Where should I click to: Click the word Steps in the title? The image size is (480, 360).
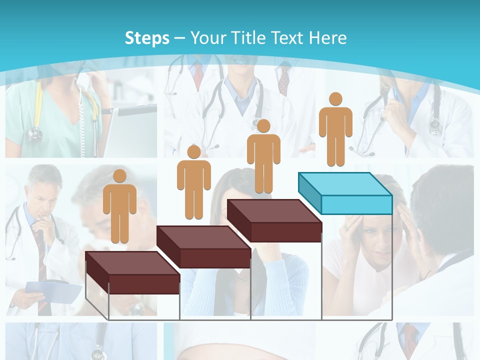[x=147, y=38]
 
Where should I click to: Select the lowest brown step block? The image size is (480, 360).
[x=132, y=272]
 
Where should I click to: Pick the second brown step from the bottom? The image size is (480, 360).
[x=203, y=246]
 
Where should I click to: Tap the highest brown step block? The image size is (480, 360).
[x=274, y=220]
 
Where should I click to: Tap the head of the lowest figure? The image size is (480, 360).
[x=119, y=175]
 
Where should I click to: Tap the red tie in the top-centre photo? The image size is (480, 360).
[x=198, y=75]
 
